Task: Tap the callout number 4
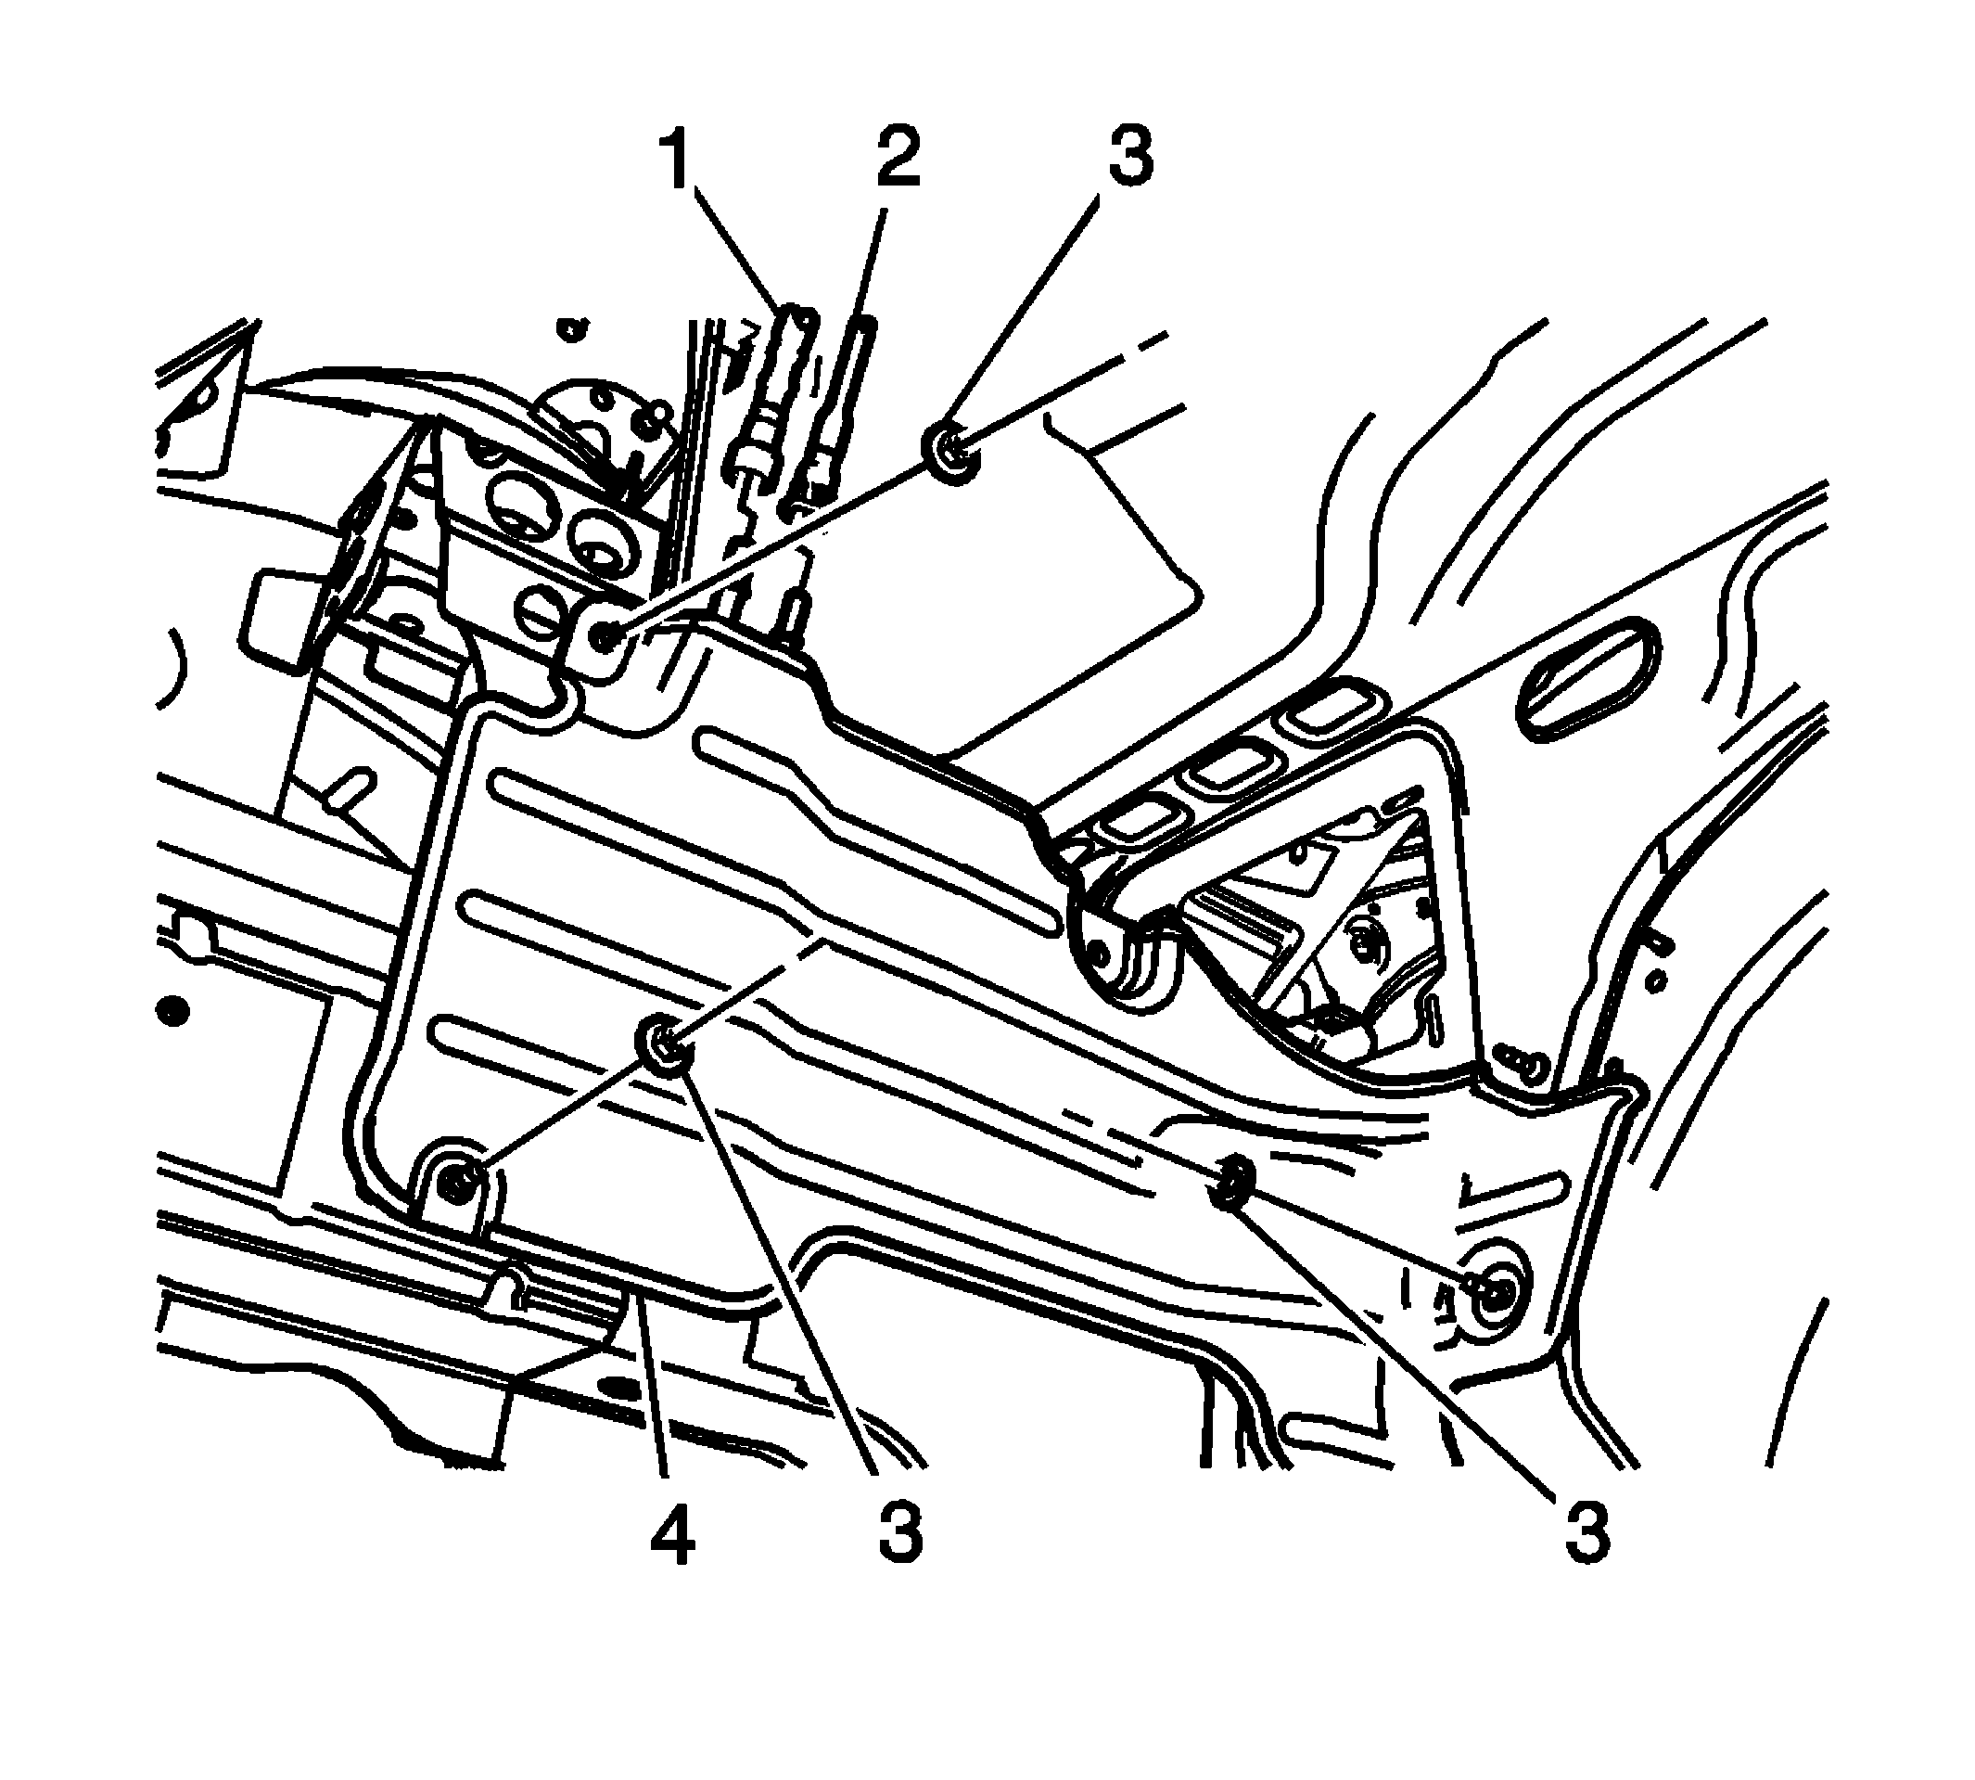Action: point(672,1532)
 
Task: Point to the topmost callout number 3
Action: point(1129,157)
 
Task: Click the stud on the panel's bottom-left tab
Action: point(455,1185)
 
